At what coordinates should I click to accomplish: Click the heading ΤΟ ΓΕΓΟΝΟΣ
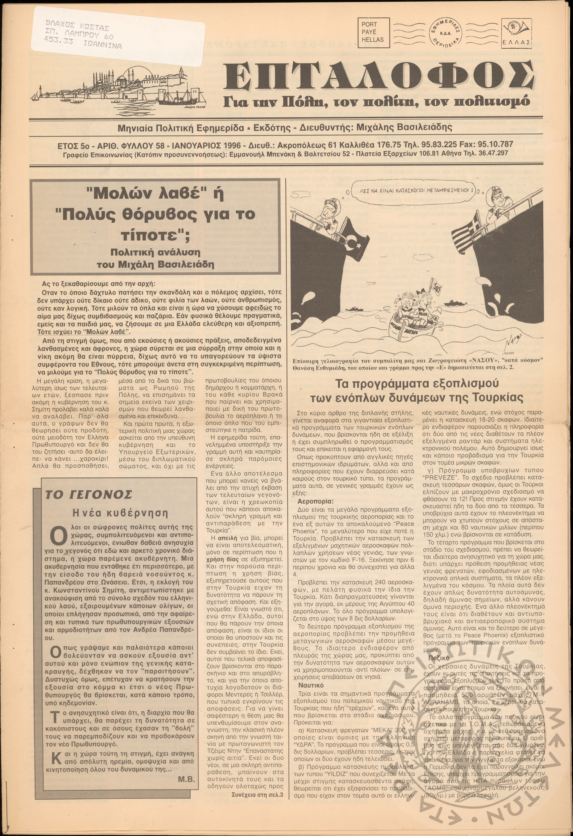88,495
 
